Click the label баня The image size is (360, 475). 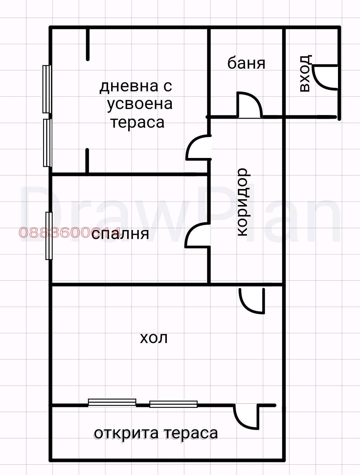(246, 63)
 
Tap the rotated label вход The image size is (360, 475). (306, 74)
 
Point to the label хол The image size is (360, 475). (153, 339)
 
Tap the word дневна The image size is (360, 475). (128, 86)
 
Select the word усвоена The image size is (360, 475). (140, 104)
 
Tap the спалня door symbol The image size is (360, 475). (198, 236)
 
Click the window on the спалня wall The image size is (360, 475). (49, 236)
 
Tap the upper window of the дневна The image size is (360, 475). (46, 89)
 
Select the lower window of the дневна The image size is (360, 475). (47, 142)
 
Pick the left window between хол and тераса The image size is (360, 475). (112, 402)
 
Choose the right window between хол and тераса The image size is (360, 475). (173, 404)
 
